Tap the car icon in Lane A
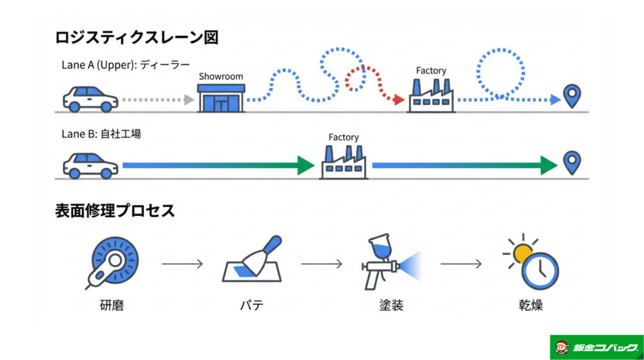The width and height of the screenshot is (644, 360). point(90,99)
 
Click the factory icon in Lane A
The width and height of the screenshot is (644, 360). point(431,96)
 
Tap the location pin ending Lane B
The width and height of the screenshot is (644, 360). point(572,162)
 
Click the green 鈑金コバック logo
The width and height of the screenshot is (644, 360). point(596,347)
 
